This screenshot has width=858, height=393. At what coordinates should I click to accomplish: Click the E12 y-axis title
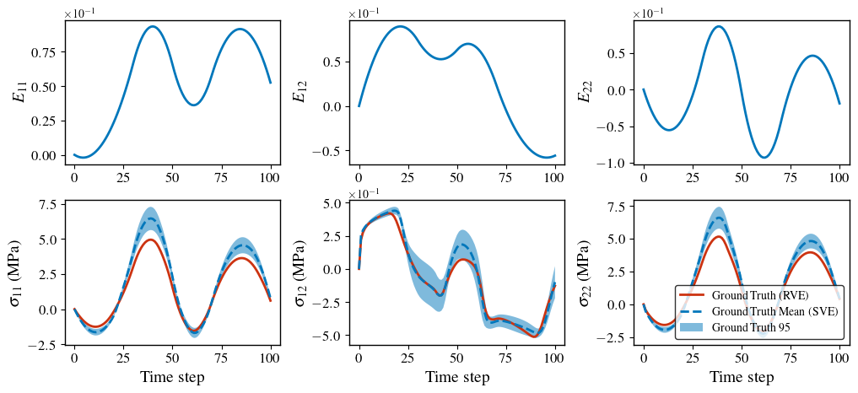coord(299,92)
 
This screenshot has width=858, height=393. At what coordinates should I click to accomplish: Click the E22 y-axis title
coord(584,92)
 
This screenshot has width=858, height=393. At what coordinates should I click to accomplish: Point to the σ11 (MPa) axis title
coord(18,273)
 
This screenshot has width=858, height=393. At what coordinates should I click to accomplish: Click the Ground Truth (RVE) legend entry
coord(759,296)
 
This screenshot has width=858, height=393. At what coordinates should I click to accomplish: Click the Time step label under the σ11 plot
coord(173,378)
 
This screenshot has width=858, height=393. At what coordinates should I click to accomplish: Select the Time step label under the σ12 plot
coord(457,378)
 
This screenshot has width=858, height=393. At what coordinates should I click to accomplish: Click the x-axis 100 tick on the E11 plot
coord(271,179)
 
